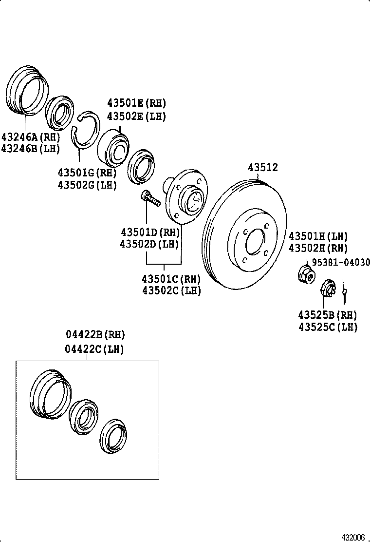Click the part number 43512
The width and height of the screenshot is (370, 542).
click(x=263, y=168)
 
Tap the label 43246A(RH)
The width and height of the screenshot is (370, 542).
click(x=30, y=136)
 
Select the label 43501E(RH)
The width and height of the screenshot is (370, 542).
click(x=136, y=103)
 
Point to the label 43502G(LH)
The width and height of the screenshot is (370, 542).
click(x=87, y=185)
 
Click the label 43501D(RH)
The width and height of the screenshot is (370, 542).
click(x=150, y=232)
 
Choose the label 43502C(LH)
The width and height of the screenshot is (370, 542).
click(x=171, y=291)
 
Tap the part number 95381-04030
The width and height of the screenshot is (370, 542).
click(x=340, y=263)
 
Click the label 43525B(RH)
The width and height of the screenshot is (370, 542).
click(x=328, y=315)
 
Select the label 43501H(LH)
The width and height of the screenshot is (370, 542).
click(x=318, y=236)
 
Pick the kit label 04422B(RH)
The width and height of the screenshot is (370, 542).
click(x=95, y=335)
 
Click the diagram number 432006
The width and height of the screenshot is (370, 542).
click(x=353, y=537)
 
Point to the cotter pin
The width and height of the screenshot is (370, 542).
click(x=345, y=291)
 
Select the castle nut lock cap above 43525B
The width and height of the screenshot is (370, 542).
click(x=328, y=289)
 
